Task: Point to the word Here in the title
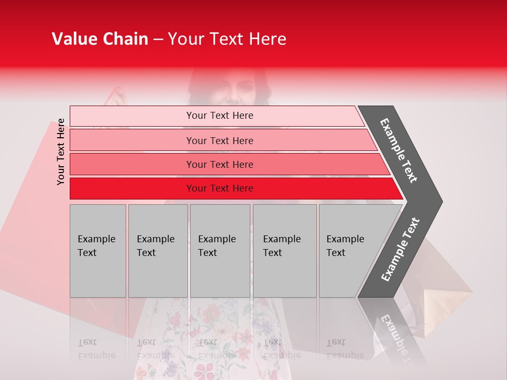[267, 39]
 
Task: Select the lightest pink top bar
[217, 116]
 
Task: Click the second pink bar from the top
[222, 140]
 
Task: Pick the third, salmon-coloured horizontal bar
[227, 164]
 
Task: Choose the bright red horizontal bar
[232, 188]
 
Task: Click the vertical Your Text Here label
[61, 151]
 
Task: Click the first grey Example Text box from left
[98, 251]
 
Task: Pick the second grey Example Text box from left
[158, 251]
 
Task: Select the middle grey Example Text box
[220, 251]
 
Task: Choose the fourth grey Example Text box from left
[285, 251]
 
